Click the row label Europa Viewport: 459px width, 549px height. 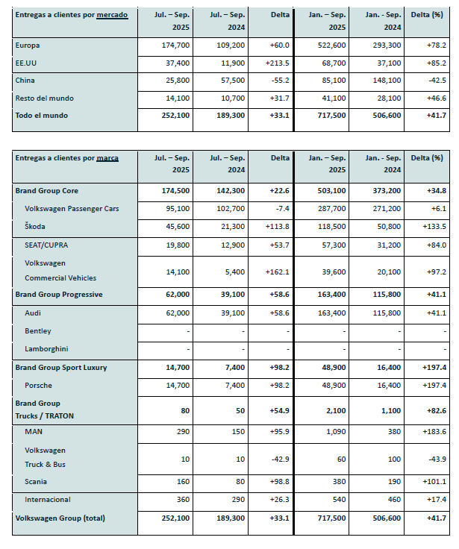28,46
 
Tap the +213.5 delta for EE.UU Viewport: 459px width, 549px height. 277,63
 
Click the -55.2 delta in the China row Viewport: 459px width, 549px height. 279,80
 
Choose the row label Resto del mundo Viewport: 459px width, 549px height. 45,98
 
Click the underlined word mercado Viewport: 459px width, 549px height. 112,15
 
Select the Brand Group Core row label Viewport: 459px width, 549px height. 46,191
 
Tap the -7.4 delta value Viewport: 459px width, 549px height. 281,208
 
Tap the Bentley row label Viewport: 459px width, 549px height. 38,330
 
